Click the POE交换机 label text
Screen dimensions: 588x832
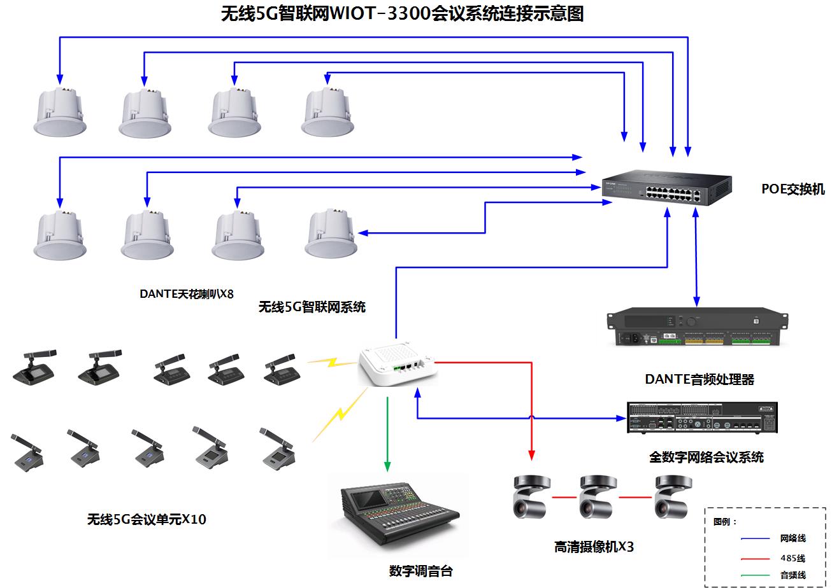pos(793,189)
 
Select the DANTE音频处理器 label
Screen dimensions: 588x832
pos(699,380)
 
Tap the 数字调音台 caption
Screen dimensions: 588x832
pos(420,571)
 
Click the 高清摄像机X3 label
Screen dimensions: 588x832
pos(594,547)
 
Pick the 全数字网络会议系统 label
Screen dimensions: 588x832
pos(706,457)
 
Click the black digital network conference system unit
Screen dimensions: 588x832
pos(702,417)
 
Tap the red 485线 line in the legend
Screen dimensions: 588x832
pos(756,559)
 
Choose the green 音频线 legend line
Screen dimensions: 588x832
pos(756,575)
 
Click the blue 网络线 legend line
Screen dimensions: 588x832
pos(756,539)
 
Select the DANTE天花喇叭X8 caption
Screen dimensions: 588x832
pos(187,294)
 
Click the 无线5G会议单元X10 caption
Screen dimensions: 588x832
pos(147,519)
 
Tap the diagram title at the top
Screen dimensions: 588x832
pos(402,14)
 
